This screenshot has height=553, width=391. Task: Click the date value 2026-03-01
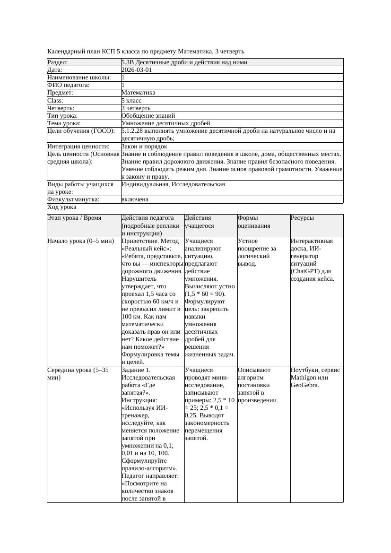click(137, 69)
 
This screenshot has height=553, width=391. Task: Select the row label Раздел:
click(58, 62)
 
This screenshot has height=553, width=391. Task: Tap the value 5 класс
click(131, 100)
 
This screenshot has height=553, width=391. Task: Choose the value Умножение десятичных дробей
click(166, 123)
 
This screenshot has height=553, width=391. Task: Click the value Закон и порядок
click(144, 147)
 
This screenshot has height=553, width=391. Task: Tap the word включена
click(135, 199)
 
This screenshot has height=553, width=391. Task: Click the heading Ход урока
click(62, 207)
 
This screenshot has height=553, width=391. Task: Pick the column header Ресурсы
click(302, 218)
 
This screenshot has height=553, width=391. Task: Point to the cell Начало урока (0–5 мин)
click(81, 241)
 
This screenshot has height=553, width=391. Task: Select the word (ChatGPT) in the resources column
click(306, 271)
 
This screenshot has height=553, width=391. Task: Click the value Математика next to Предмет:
click(138, 93)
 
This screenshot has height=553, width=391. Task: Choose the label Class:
click(55, 100)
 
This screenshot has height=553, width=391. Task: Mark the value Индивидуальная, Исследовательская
click(173, 184)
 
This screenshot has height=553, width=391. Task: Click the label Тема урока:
click(64, 123)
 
